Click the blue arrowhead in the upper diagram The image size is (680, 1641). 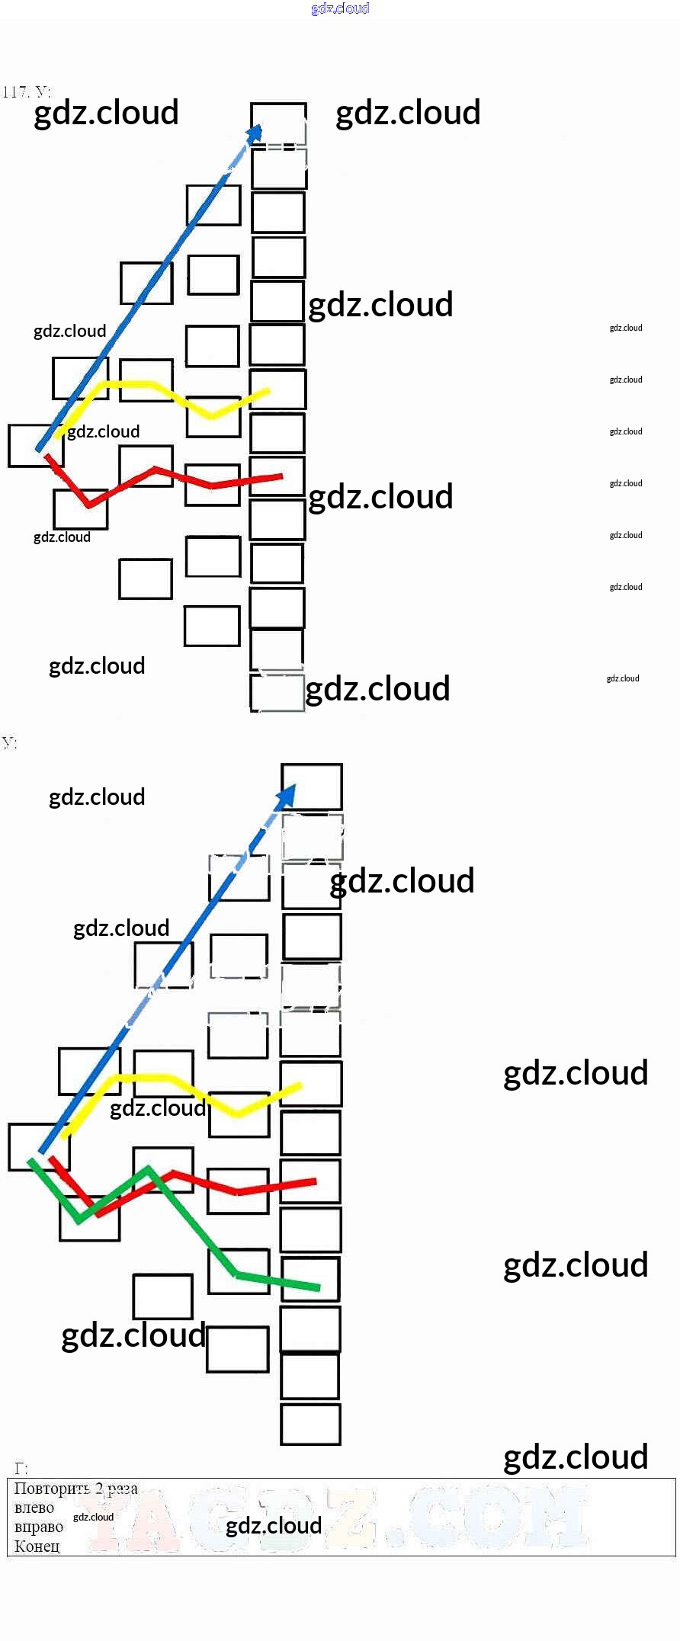click(256, 133)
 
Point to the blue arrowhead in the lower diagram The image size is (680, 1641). click(286, 796)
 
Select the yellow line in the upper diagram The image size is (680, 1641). click(152, 386)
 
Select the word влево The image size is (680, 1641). click(34, 1508)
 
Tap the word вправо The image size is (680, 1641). click(38, 1527)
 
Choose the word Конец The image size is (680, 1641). click(37, 1546)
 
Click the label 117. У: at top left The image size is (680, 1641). click(27, 92)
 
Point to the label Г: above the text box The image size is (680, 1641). click(21, 1468)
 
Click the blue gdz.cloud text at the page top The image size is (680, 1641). click(340, 8)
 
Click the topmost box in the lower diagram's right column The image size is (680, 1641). click(311, 787)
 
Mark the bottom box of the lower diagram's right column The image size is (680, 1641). click(310, 1424)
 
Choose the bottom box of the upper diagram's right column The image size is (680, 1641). click(277, 693)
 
